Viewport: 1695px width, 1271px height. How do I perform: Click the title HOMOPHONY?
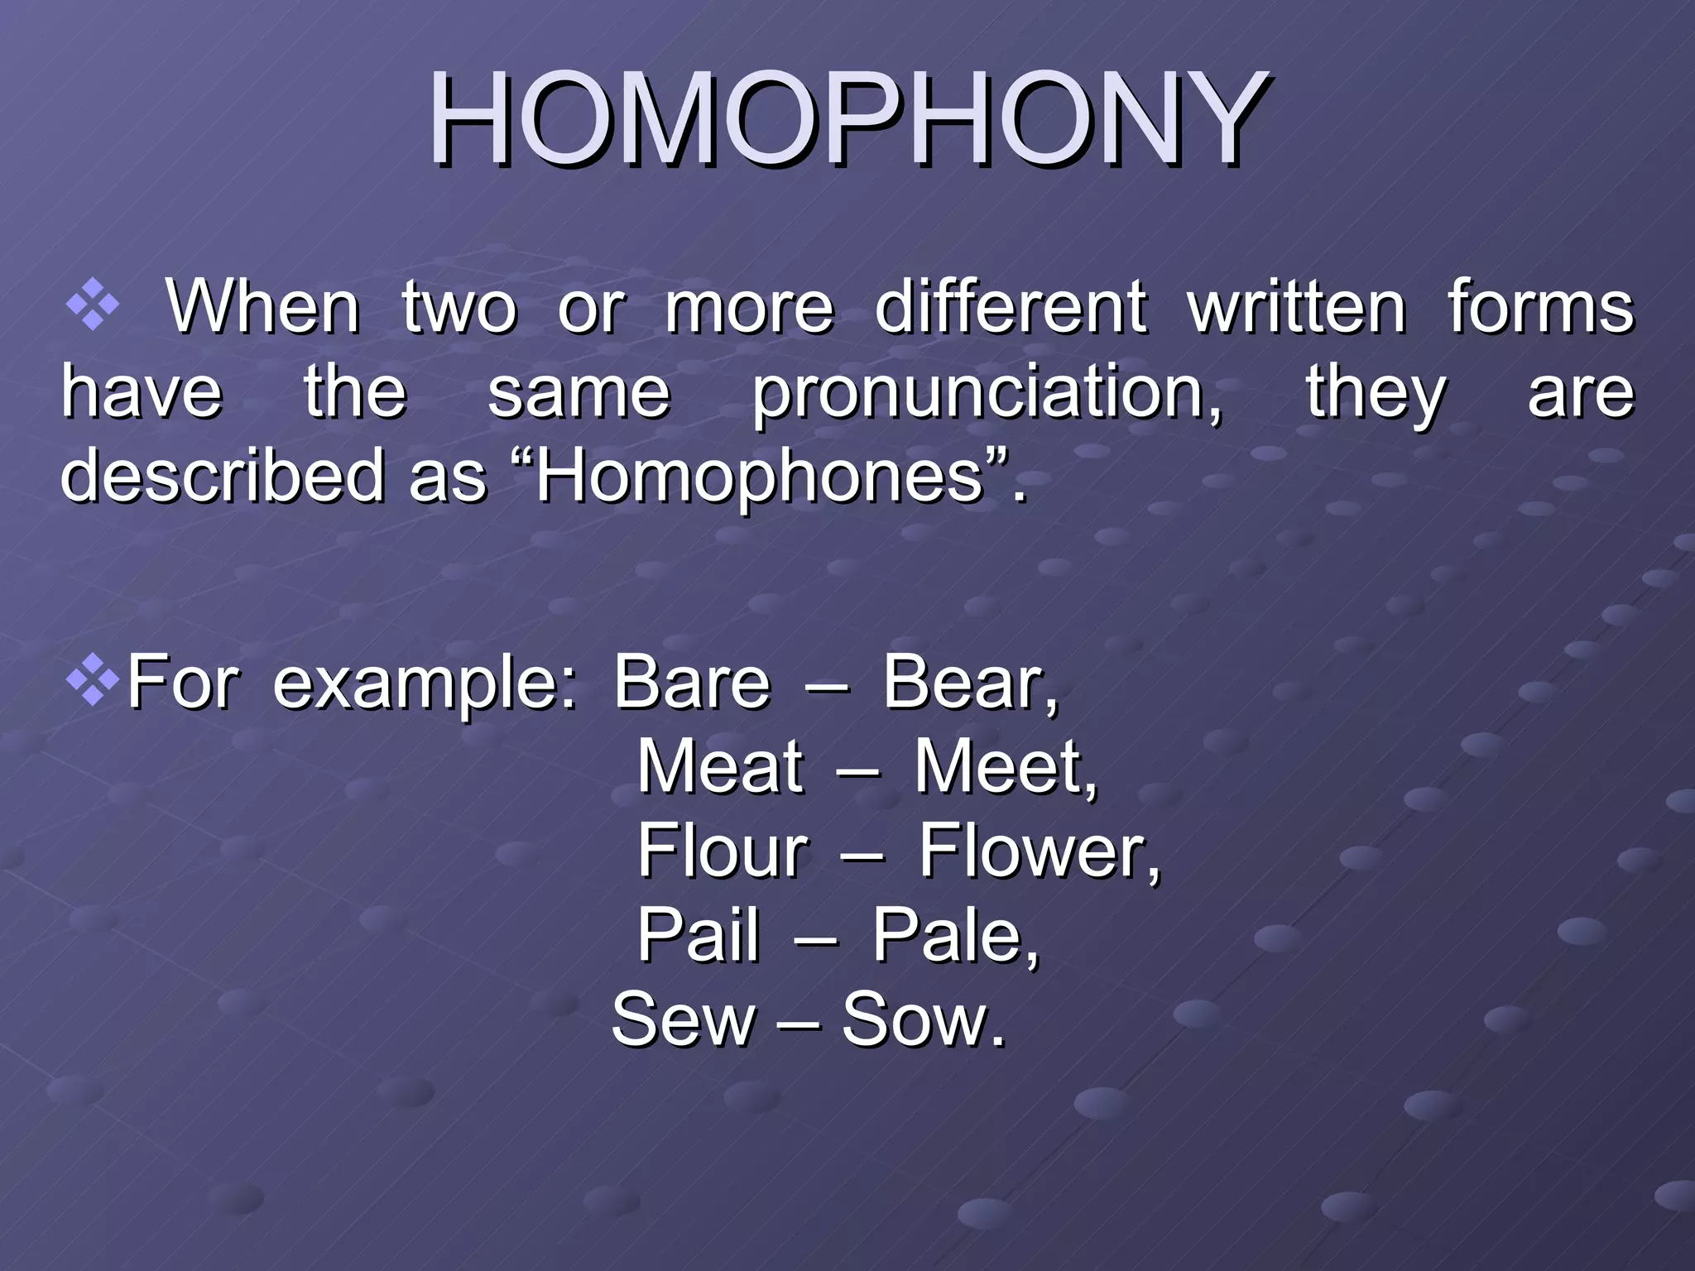(847, 120)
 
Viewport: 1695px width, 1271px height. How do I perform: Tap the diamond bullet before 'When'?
(92, 305)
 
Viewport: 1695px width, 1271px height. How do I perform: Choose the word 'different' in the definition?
(1011, 308)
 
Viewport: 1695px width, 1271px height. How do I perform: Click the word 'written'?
(1297, 308)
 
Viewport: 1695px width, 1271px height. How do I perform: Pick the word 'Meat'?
(720, 767)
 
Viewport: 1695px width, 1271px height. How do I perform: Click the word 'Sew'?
(683, 1020)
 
